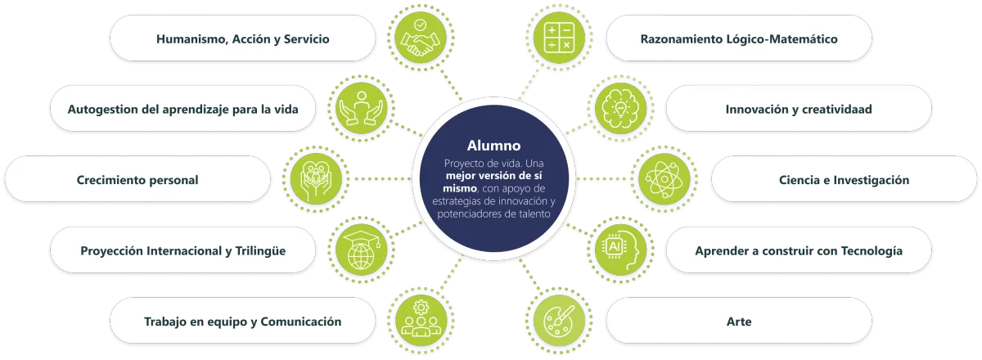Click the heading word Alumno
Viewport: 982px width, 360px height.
click(493, 146)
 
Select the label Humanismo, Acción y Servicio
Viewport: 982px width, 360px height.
click(243, 38)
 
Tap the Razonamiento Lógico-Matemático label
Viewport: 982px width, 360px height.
click(739, 38)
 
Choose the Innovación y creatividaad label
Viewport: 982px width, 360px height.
click(799, 109)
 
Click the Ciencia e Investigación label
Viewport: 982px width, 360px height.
click(845, 180)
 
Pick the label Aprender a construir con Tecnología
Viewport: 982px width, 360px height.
click(799, 250)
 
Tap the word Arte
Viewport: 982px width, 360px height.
click(739, 322)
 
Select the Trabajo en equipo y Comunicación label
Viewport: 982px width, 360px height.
click(242, 322)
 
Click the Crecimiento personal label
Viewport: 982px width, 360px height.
click(137, 180)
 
